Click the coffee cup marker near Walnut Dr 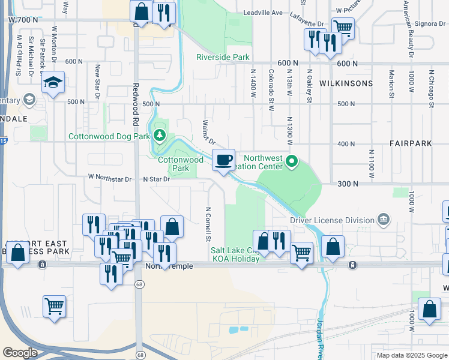[223, 160]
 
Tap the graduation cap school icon [53, 83]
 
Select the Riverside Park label [223, 58]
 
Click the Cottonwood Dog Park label [109, 136]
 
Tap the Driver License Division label [332, 220]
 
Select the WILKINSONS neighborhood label [346, 83]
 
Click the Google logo [20, 353]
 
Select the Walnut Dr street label [208, 132]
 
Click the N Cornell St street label [208, 225]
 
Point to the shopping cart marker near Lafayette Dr [343, 28]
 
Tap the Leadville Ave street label [263, 13]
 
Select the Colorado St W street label [271, 90]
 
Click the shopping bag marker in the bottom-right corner [430, 310]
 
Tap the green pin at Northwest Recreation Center [292, 161]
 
